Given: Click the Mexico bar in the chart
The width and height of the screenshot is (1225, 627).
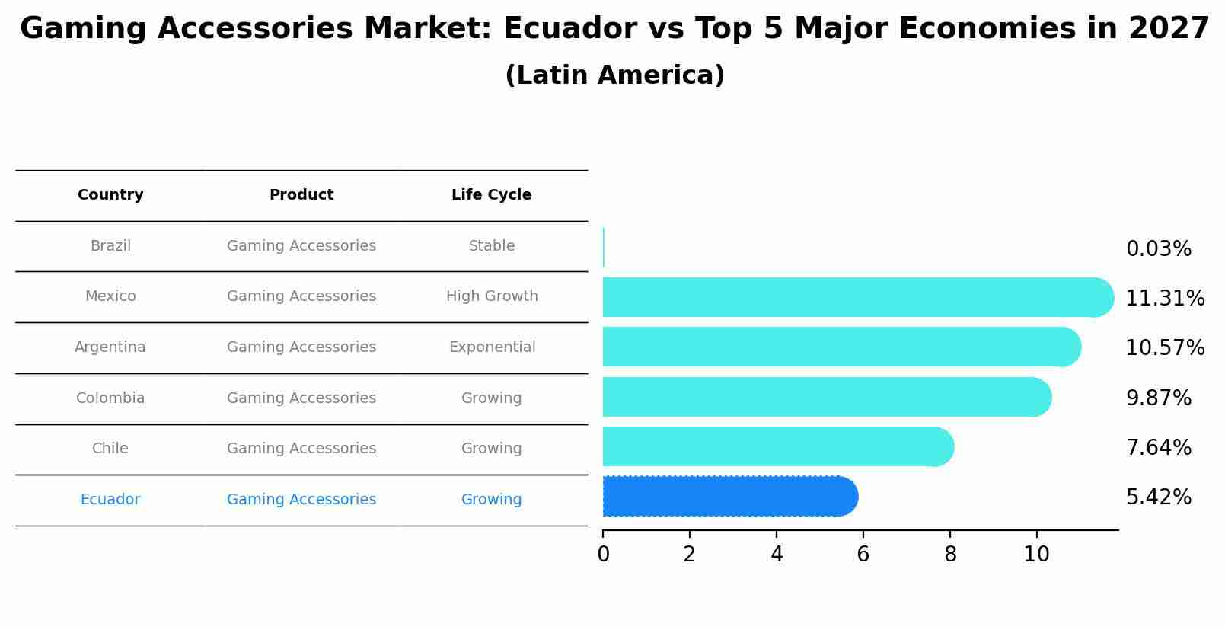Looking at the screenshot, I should tap(853, 297).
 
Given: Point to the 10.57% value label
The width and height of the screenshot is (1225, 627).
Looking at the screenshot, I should tap(1164, 348).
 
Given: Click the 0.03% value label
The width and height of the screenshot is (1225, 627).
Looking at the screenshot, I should tap(1158, 249).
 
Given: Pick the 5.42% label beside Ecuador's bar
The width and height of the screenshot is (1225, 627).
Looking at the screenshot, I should tap(1158, 497).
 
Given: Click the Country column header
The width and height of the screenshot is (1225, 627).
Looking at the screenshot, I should tap(110, 195).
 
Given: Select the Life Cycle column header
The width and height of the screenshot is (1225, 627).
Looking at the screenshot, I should tap(491, 195).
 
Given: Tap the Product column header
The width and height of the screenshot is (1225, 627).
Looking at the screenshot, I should tap(301, 195).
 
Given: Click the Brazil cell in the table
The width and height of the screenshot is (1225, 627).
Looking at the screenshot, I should tap(110, 246).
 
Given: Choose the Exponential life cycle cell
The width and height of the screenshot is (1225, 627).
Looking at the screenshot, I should tap(492, 347).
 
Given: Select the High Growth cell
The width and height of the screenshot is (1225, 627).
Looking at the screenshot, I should tap(492, 296).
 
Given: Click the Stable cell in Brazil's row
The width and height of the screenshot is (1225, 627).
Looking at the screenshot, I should tap(492, 246).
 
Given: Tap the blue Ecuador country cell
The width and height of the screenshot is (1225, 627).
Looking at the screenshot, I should tap(110, 500).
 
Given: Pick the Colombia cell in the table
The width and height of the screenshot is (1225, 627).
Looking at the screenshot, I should tap(110, 398).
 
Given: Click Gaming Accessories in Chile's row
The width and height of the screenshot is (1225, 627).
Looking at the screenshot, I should tap(301, 449).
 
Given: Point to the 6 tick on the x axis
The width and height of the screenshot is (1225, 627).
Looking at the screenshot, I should tap(863, 555).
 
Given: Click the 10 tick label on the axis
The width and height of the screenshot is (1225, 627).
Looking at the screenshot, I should tap(1036, 555).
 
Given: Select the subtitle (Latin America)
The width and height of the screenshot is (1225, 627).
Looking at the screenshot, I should tap(614, 75).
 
